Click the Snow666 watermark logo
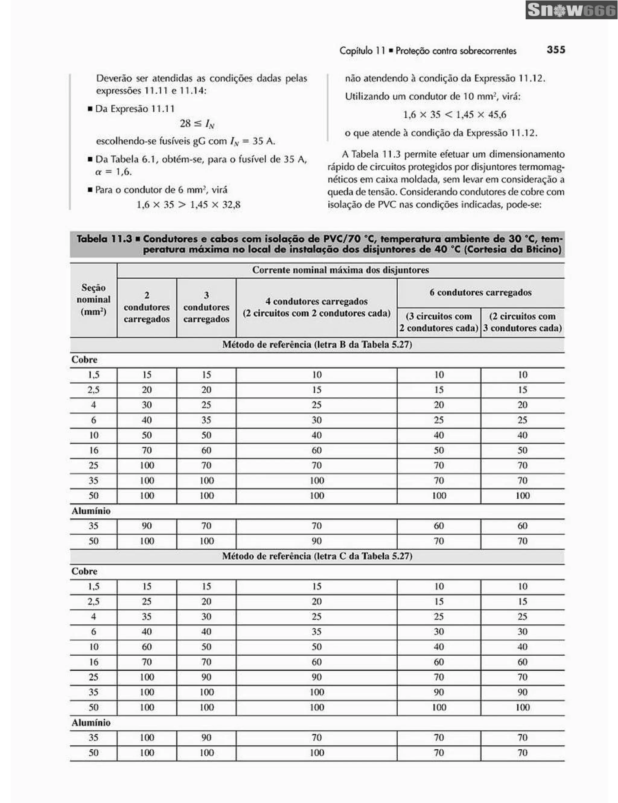pyautogui.click(x=571, y=10)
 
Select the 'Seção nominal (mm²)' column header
pyautogui.click(x=93, y=300)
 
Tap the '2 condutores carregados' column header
pyautogui.click(x=147, y=307)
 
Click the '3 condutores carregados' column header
pyautogui.click(x=206, y=307)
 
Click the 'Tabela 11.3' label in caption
pyautogui.click(x=104, y=239)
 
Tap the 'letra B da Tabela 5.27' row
pyautogui.click(x=317, y=344)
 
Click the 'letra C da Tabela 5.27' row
pyautogui.click(x=317, y=556)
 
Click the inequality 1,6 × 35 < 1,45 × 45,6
pyautogui.click(x=454, y=115)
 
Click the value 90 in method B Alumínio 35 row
pyautogui.click(x=147, y=526)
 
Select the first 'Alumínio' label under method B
pyautogui.click(x=91, y=511)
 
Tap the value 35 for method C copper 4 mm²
pyautogui.click(x=147, y=616)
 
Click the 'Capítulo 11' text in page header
pyautogui.click(x=362, y=50)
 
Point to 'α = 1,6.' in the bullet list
pyautogui.click(x=113, y=172)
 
